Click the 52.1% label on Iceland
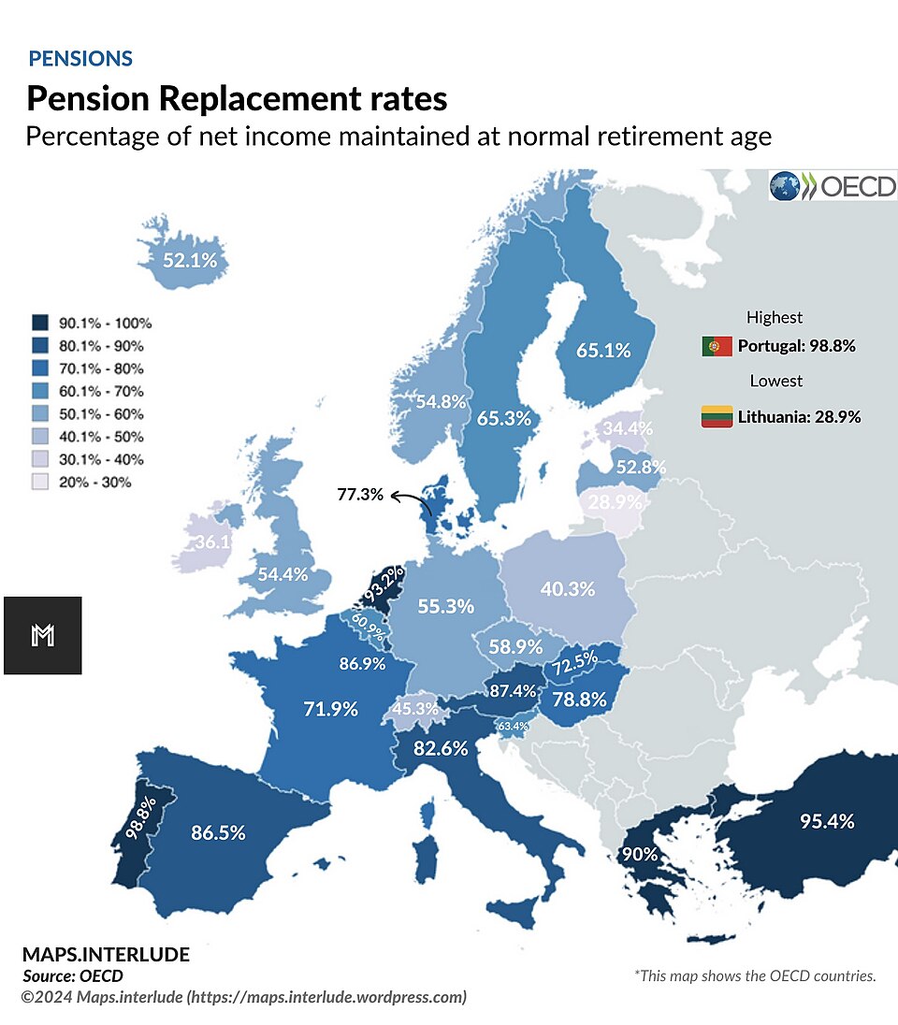pos(190,260)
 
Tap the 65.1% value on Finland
pos(603,351)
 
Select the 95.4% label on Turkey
pos(827,821)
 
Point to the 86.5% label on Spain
pos(218,832)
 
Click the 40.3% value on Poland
pos(567,589)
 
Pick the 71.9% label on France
pos(330,709)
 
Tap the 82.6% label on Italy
pos(441,748)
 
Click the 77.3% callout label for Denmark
pos(360,494)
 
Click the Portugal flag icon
pos(717,346)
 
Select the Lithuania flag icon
pos(717,416)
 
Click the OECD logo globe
pos(784,186)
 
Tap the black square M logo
pos(43,635)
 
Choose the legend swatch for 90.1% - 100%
pos(40,323)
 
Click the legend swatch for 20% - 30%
pos(40,482)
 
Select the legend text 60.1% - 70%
pos(101,391)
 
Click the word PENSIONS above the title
pos(80,58)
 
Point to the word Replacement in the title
pos(260,99)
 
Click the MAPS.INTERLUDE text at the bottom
pos(106,955)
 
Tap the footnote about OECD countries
pos(755,975)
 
